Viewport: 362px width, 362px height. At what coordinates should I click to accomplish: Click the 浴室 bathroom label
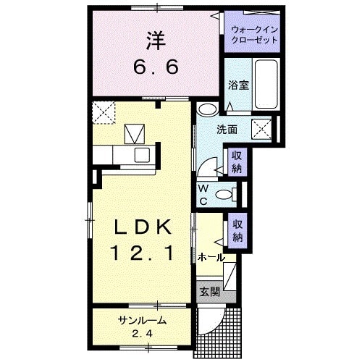[237, 85]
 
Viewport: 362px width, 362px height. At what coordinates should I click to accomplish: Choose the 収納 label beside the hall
[237, 230]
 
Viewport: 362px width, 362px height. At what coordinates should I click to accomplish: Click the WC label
[204, 194]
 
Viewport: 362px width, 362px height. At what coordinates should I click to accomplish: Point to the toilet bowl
[227, 193]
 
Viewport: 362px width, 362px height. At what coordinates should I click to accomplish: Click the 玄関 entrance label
[210, 294]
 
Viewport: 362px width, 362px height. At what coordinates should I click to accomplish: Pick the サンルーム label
[143, 321]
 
